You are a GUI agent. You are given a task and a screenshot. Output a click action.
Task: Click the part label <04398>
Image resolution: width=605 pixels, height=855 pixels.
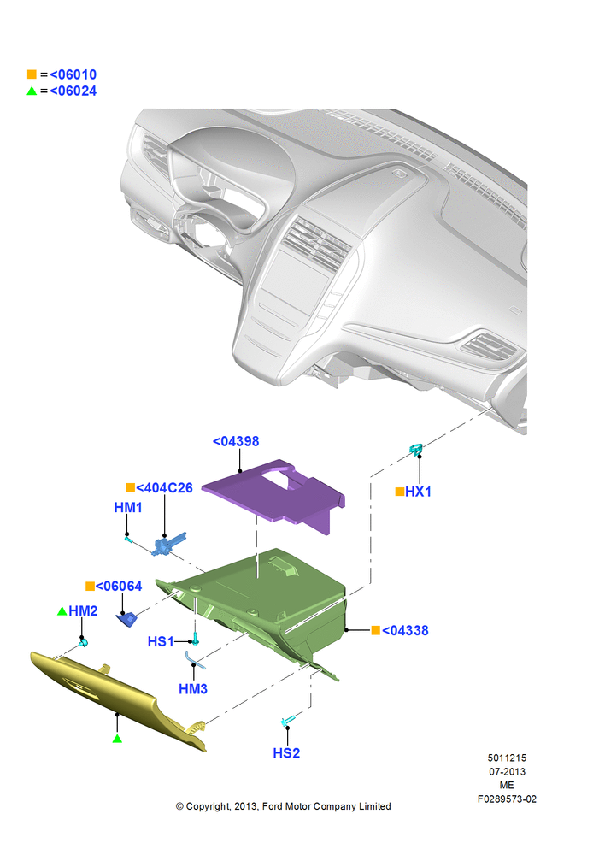[236, 441]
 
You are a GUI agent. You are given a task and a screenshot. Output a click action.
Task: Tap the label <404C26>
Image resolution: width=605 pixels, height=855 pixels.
[164, 487]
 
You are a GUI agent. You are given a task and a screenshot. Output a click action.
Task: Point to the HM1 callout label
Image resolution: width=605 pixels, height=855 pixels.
[128, 507]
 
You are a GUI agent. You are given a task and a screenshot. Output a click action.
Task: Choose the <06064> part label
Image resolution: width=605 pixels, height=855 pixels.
[119, 587]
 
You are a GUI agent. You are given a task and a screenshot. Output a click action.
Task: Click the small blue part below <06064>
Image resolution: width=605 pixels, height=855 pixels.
[126, 620]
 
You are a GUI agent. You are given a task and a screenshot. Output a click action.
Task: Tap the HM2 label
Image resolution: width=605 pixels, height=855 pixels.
[83, 610]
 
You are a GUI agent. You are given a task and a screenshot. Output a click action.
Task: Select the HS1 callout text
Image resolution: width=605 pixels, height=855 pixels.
[161, 641]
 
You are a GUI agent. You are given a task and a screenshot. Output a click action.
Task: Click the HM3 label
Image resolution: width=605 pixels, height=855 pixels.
[193, 688]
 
